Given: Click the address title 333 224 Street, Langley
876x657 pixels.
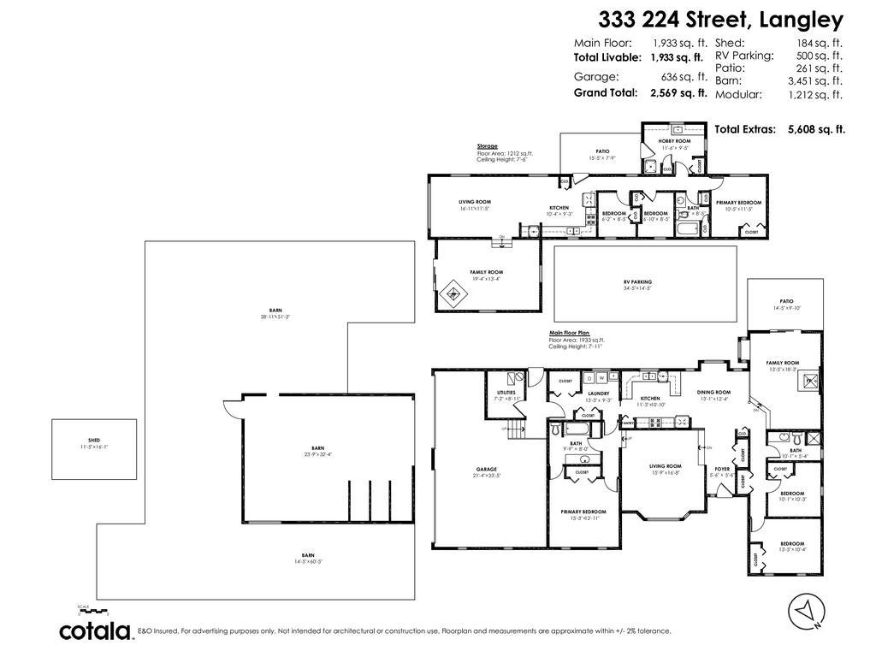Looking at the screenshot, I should (720, 20).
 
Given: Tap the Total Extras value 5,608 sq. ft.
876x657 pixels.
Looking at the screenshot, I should (816, 129).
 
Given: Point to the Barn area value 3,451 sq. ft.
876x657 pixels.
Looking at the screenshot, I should (814, 81).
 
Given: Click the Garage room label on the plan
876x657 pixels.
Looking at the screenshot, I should (487, 469).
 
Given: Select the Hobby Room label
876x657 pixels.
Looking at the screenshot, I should (674, 140).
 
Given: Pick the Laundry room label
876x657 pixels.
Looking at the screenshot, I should (598, 394).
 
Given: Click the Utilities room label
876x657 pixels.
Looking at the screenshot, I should (506, 393).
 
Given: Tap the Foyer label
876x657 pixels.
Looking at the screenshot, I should (723, 469).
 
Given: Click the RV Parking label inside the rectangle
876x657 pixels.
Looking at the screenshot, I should (637, 281).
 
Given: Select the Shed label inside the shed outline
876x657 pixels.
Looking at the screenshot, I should (94, 440).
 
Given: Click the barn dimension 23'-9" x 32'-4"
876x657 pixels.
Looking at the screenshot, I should (317, 453).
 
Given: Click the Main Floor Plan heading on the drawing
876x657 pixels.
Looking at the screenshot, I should (570, 334).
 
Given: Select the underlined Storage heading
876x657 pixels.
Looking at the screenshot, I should (487, 146).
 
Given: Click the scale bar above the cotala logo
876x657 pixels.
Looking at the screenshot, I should (94, 611).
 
